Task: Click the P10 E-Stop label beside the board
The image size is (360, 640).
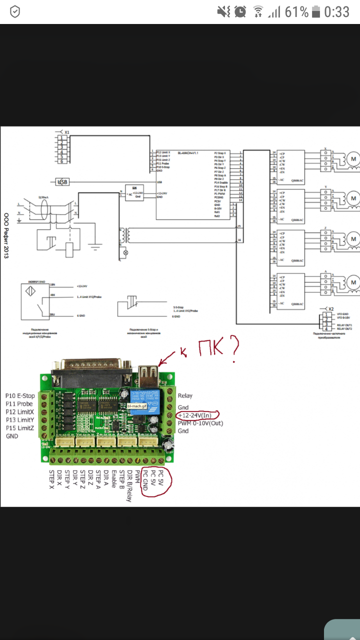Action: [x=20, y=396]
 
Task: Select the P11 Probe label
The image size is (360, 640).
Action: [x=19, y=404]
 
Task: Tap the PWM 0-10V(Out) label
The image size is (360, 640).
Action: [x=200, y=423]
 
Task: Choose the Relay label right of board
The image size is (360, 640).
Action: [x=185, y=396]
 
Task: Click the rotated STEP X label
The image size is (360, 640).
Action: [x=51, y=479]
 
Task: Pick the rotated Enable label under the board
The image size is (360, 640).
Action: [x=114, y=479]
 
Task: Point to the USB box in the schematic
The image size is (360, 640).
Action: [x=62, y=182]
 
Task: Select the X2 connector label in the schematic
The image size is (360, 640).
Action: [x=329, y=309]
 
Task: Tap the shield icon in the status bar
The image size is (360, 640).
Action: [x=15, y=12]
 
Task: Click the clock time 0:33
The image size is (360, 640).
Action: [x=336, y=12]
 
